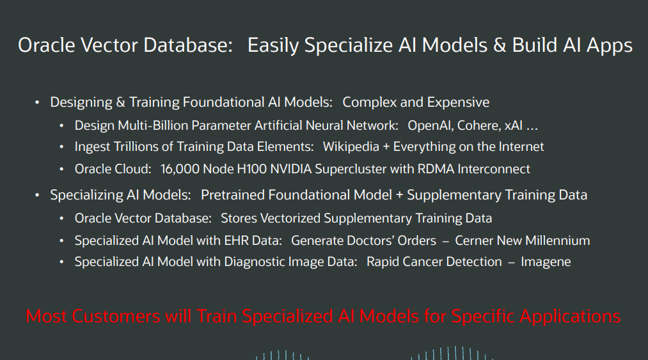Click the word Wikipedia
(x=351, y=146)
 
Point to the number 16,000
(x=180, y=169)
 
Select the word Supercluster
(x=355, y=169)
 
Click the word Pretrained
(x=228, y=194)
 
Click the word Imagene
(x=546, y=262)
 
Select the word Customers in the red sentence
(x=116, y=316)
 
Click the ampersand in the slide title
(x=499, y=45)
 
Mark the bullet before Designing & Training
(x=37, y=102)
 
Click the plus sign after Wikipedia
(x=386, y=147)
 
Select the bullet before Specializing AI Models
(x=37, y=194)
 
